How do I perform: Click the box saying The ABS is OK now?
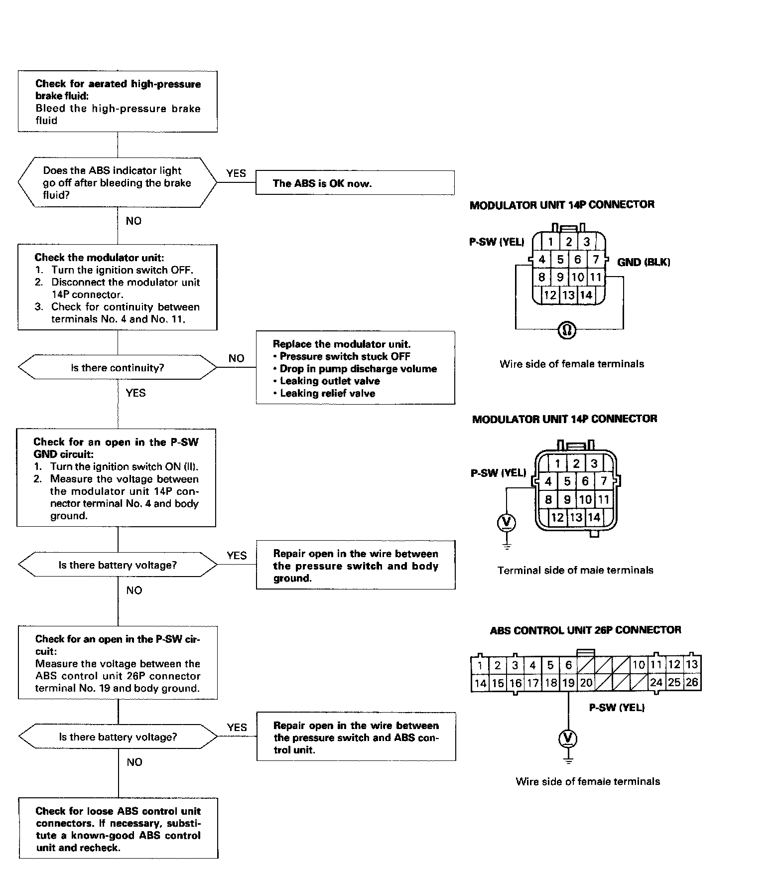point(355,183)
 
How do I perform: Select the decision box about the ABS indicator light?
point(118,182)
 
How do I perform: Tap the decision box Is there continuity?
point(118,368)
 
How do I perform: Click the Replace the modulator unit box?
point(355,368)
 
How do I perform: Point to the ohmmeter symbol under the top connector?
point(567,329)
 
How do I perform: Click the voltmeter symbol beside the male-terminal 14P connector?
point(507,522)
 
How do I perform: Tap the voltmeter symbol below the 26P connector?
point(568,739)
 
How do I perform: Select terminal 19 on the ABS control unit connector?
point(568,683)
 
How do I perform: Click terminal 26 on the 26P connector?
point(692,682)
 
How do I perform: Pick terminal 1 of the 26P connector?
point(480,665)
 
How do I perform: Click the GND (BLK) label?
point(644,262)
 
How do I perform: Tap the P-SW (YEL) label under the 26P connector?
point(617,708)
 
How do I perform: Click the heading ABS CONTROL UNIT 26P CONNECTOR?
point(585,630)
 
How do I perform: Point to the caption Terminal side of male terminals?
point(575,570)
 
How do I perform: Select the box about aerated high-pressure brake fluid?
point(118,102)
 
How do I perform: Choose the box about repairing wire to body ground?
point(356,566)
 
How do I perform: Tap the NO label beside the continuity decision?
point(237,358)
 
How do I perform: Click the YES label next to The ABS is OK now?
point(236,173)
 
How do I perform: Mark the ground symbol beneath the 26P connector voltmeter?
point(568,760)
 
